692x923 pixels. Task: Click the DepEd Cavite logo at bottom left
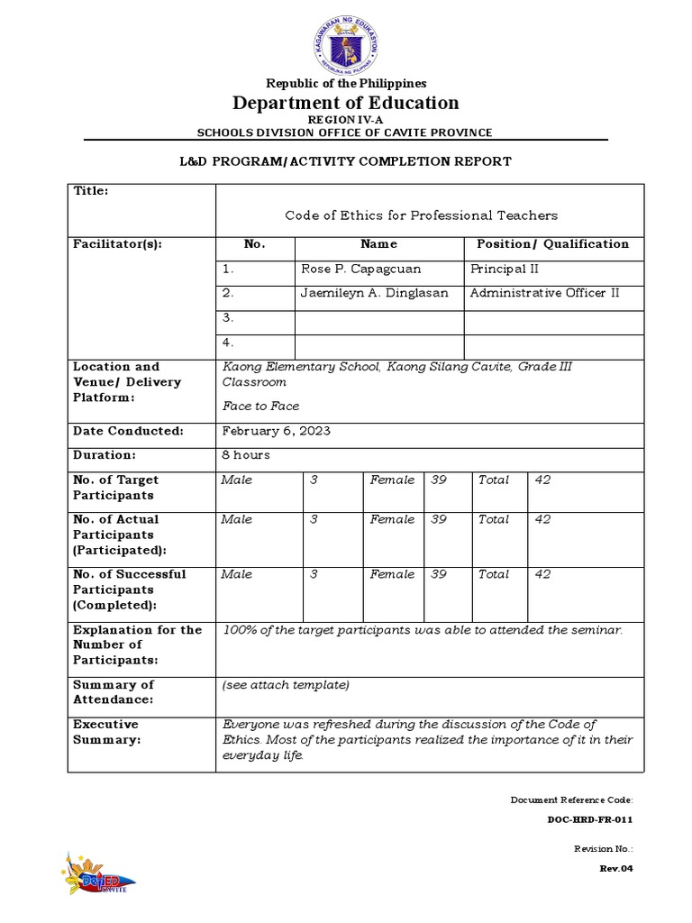coord(95,872)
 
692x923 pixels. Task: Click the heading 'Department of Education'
coord(346,103)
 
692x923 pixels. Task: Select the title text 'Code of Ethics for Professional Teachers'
coord(421,215)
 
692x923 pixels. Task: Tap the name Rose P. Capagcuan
coord(360,269)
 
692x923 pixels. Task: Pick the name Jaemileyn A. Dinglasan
coord(374,293)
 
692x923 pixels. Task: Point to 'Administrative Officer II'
coord(544,293)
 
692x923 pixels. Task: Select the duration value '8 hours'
coord(246,455)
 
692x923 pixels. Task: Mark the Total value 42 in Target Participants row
coord(542,480)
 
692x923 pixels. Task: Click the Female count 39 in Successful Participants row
coord(439,574)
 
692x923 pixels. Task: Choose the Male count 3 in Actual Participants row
coord(314,519)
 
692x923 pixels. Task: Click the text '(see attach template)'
coord(286,685)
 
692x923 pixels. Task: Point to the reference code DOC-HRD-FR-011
coord(590,820)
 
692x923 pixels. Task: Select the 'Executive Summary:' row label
coord(105,732)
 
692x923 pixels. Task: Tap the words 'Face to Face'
coord(261,407)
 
